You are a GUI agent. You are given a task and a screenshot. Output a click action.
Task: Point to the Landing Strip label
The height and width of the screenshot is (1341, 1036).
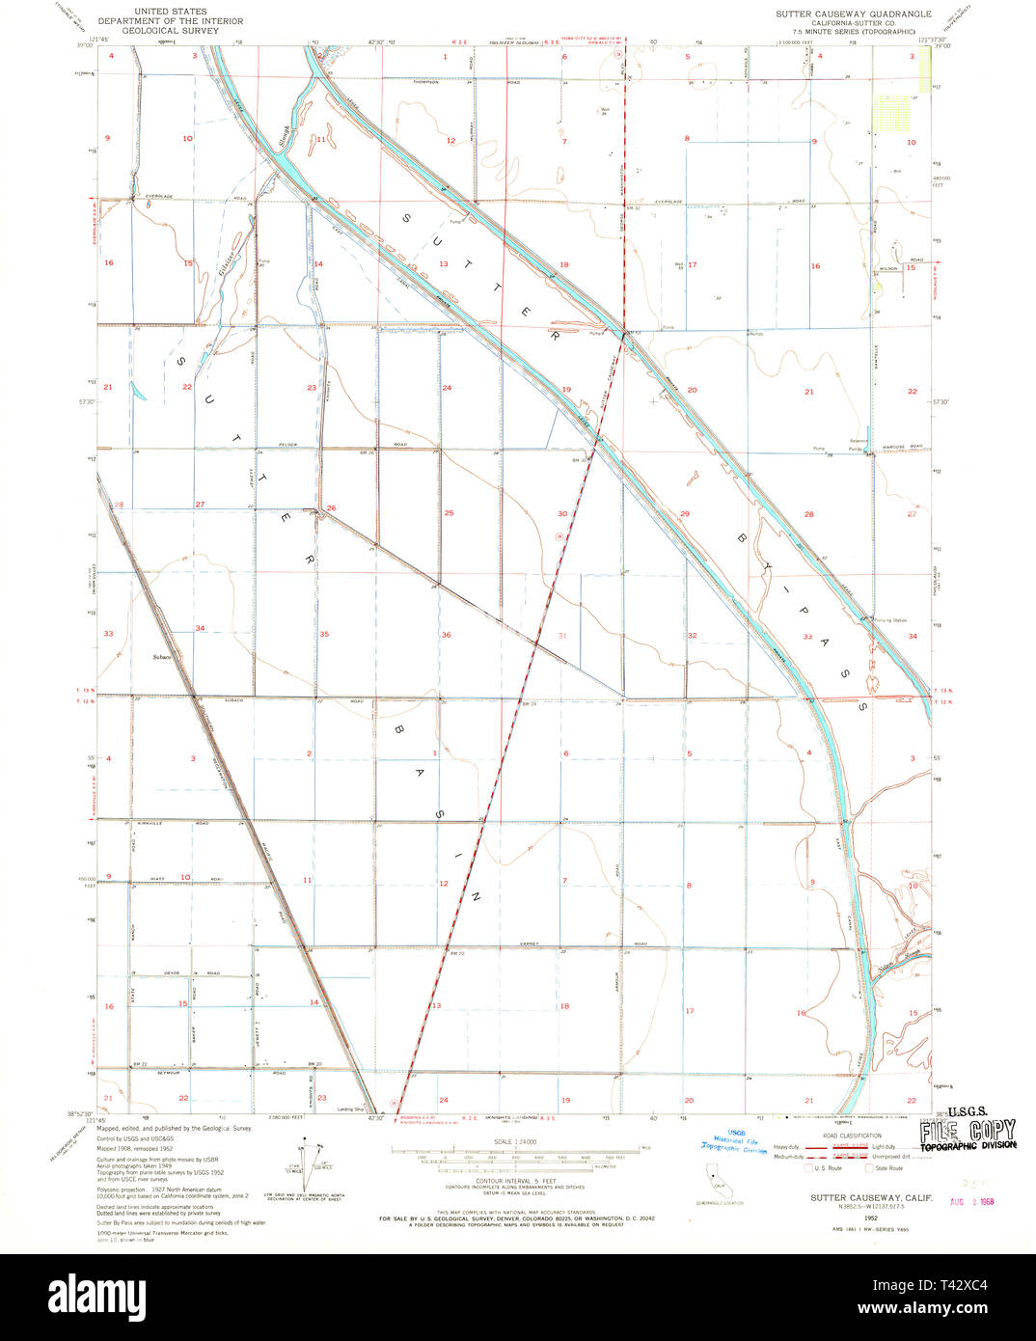pos(351,1108)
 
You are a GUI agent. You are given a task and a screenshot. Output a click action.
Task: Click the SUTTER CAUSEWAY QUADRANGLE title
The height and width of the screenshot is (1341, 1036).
pos(854,14)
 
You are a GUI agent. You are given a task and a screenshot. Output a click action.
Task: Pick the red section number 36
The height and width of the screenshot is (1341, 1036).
pos(446,634)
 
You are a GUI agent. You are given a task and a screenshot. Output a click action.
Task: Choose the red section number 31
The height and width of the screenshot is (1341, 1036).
pos(563,635)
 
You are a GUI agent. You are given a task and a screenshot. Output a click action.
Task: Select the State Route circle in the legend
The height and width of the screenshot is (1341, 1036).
pos(868,1168)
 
